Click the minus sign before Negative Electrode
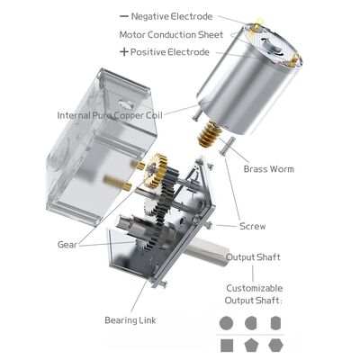tap(123, 16)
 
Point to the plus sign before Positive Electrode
tap(123, 52)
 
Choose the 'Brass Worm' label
tap(270, 168)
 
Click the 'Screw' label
tap(252, 226)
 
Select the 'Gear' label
tap(66, 244)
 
